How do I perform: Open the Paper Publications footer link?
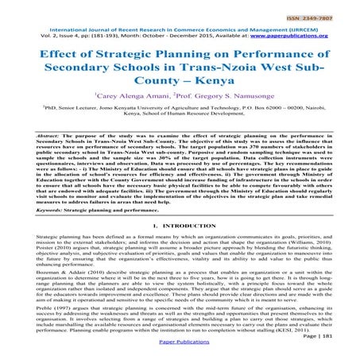pos(180,354)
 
